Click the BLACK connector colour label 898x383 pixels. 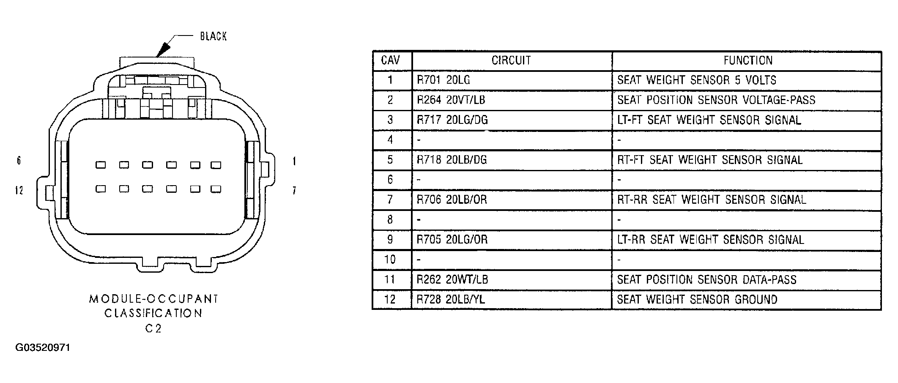click(213, 36)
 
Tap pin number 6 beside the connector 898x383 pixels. click(19, 161)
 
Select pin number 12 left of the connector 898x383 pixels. click(19, 191)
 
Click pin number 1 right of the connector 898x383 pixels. click(294, 161)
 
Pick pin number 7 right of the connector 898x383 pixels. click(294, 191)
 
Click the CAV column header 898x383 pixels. click(390, 60)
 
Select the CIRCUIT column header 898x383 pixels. click(511, 60)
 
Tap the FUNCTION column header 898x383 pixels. click(748, 60)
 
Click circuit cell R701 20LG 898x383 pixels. click(444, 80)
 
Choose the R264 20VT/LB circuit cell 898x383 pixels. click(451, 100)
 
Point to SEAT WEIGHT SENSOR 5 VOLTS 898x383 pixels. click(697, 80)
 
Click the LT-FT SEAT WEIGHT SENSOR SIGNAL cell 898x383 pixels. click(709, 120)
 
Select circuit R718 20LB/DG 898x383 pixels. click(452, 160)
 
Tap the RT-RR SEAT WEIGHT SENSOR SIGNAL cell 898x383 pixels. click(712, 200)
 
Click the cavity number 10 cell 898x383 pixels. click(390, 259)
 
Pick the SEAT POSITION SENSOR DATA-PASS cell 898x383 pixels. click(707, 279)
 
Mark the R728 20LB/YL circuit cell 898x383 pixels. click(451, 299)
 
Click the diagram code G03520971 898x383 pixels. click(43, 347)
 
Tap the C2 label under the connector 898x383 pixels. click(153, 328)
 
